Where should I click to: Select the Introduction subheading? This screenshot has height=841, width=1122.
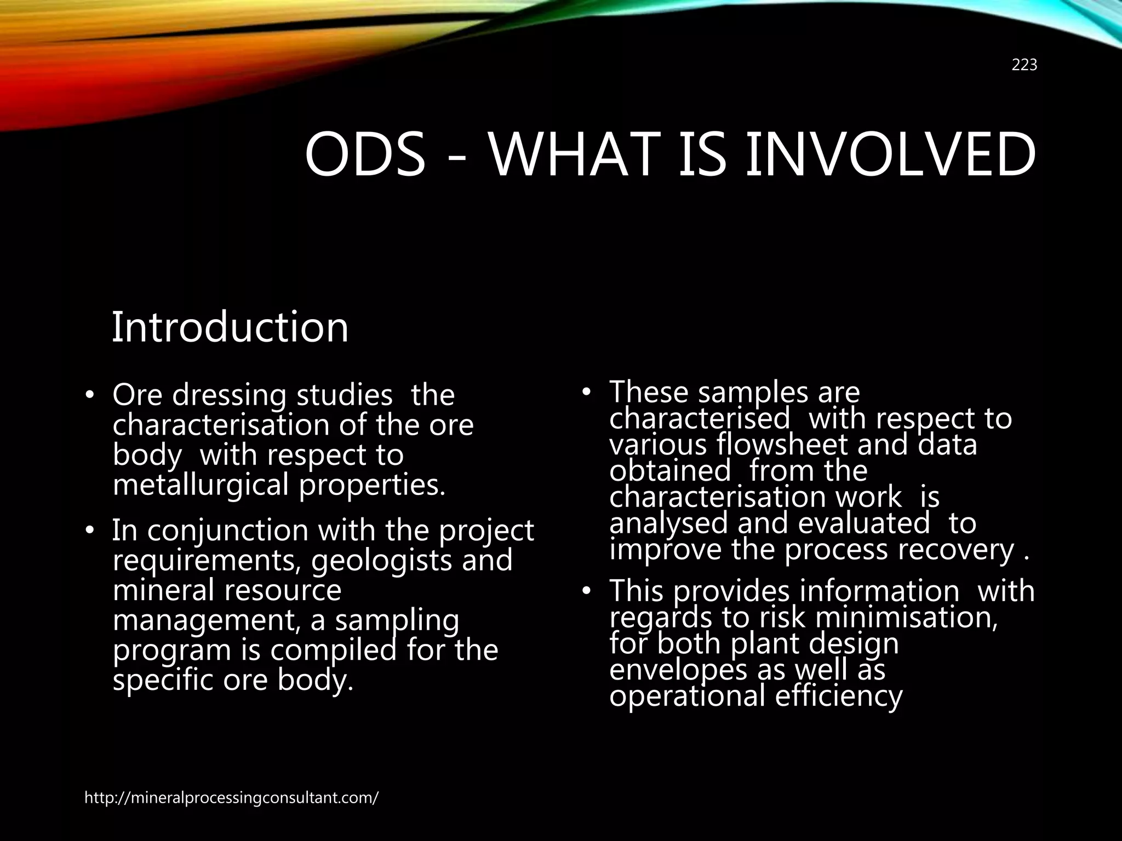tap(230, 327)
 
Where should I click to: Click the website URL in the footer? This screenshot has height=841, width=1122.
tap(231, 798)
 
